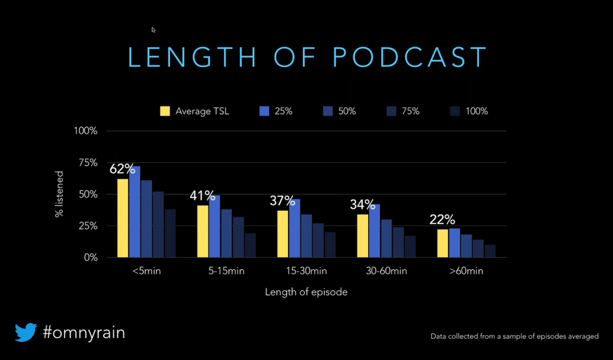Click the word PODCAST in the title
[x=409, y=57]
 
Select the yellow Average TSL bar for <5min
[x=123, y=218]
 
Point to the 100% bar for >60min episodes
[x=490, y=251]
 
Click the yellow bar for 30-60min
[x=362, y=235]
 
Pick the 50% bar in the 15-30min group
[x=306, y=235]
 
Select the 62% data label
[x=123, y=170]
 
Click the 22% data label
[x=443, y=220]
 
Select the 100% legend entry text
[x=478, y=111]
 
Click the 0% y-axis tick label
[x=89, y=258]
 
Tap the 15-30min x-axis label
[x=306, y=271]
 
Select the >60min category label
[x=466, y=271]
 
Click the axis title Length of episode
[x=306, y=292]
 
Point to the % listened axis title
[x=59, y=193]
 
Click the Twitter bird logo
[x=26, y=332]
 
